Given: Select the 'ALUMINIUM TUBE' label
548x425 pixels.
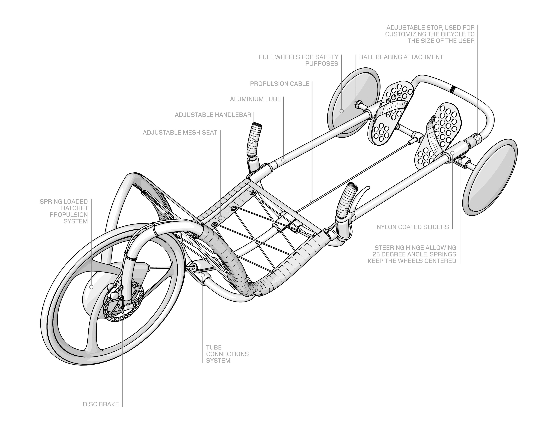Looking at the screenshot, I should pos(255,99).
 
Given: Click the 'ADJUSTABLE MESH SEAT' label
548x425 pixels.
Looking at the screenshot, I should pos(180,133).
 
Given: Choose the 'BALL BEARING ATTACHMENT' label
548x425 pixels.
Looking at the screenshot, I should pos(401,57).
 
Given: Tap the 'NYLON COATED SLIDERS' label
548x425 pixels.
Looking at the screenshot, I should pos(413,227).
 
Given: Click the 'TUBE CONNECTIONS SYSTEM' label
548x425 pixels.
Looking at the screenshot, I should pos(227,354).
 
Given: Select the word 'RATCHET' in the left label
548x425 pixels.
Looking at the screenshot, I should pos(75,208).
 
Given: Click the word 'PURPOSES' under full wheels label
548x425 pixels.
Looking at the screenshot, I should pos(322,64).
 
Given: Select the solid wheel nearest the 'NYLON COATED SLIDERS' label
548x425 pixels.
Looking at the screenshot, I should pos(489,180).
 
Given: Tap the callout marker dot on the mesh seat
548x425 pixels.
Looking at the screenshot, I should pos(220,218).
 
